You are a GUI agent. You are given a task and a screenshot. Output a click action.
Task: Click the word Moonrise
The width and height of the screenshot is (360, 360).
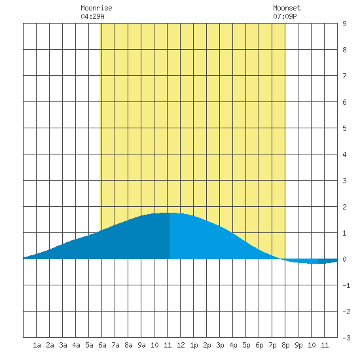click(96, 8)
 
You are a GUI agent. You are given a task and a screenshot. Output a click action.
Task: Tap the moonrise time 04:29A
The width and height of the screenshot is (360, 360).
click(92, 16)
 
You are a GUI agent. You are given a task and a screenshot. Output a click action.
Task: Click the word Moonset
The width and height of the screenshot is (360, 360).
click(287, 8)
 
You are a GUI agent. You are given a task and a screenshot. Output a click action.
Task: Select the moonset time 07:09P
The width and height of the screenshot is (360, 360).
click(285, 16)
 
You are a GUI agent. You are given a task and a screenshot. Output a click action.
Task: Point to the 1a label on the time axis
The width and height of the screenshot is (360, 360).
click(37, 345)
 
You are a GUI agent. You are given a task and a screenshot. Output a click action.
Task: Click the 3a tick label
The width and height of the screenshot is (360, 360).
click(63, 345)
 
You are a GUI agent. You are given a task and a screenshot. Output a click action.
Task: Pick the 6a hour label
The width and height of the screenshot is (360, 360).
click(102, 345)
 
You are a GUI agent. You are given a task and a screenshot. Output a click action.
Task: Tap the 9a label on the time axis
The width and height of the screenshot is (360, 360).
click(141, 345)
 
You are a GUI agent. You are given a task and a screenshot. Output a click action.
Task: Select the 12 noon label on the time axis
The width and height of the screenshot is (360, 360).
click(181, 345)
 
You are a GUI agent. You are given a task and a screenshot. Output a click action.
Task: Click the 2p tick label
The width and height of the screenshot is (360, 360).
click(207, 345)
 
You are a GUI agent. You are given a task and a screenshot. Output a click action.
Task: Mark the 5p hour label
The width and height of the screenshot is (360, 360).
click(246, 345)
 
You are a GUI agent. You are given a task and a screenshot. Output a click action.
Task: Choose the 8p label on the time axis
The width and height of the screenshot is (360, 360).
click(285, 345)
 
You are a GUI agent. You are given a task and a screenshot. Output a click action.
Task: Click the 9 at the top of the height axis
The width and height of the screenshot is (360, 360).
click(344, 24)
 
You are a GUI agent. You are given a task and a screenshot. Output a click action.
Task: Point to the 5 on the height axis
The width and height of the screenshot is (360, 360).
click(344, 128)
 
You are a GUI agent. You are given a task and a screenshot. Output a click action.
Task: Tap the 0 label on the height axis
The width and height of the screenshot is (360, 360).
click(344, 259)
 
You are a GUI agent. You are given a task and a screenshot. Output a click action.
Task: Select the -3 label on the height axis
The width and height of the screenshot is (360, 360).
click(346, 338)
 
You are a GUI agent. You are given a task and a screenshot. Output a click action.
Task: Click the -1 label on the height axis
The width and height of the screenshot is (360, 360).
click(346, 285)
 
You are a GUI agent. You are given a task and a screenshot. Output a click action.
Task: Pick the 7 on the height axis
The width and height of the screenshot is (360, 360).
click(344, 76)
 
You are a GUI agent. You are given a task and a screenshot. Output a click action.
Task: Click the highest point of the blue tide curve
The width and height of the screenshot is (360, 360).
click(169, 213)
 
